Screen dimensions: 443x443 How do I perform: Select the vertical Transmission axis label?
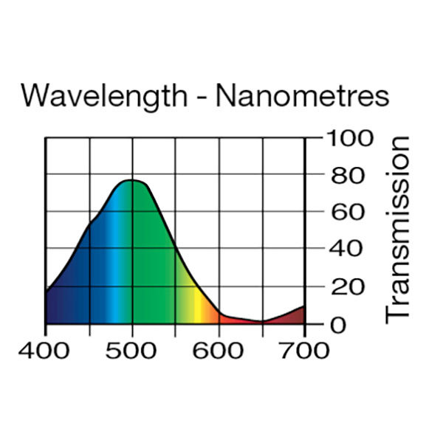[x=399, y=228]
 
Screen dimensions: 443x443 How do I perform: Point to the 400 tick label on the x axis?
[x=46, y=350]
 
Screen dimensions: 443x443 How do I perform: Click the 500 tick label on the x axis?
[x=131, y=350]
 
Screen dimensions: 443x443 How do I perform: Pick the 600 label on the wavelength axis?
[x=219, y=350]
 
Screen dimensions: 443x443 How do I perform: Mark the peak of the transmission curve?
[x=131, y=179]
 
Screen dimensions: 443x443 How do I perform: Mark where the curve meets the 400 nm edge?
[x=47, y=292]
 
